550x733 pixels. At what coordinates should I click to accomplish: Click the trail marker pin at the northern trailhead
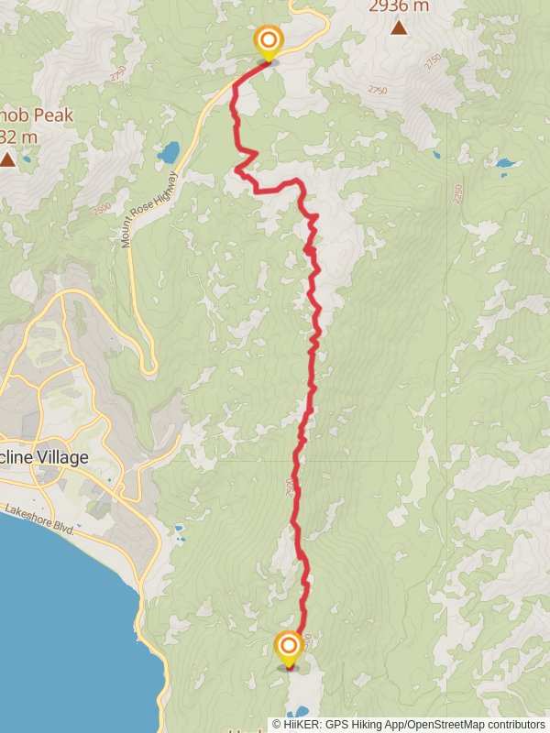pos(268,41)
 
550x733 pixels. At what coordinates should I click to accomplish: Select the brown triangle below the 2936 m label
pos(399,27)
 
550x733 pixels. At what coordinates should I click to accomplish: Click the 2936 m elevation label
pos(399,6)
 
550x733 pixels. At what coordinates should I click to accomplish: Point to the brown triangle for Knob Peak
pos(7,160)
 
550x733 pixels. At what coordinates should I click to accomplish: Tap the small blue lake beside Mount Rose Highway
pos(169,151)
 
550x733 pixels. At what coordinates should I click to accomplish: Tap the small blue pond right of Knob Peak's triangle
pos(26,159)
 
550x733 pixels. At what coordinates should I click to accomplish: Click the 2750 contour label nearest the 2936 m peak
pos(377,90)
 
